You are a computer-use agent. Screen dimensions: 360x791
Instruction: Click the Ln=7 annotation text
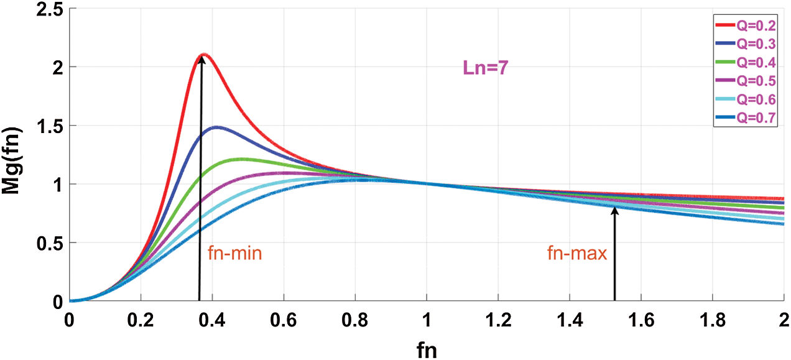pyautogui.click(x=486, y=68)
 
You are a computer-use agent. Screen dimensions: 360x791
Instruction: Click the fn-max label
pyautogui.click(x=576, y=254)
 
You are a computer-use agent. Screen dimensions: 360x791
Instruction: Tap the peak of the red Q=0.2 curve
pyautogui.click(x=203, y=55)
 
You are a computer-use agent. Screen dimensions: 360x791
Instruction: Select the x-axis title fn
pyautogui.click(x=426, y=349)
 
